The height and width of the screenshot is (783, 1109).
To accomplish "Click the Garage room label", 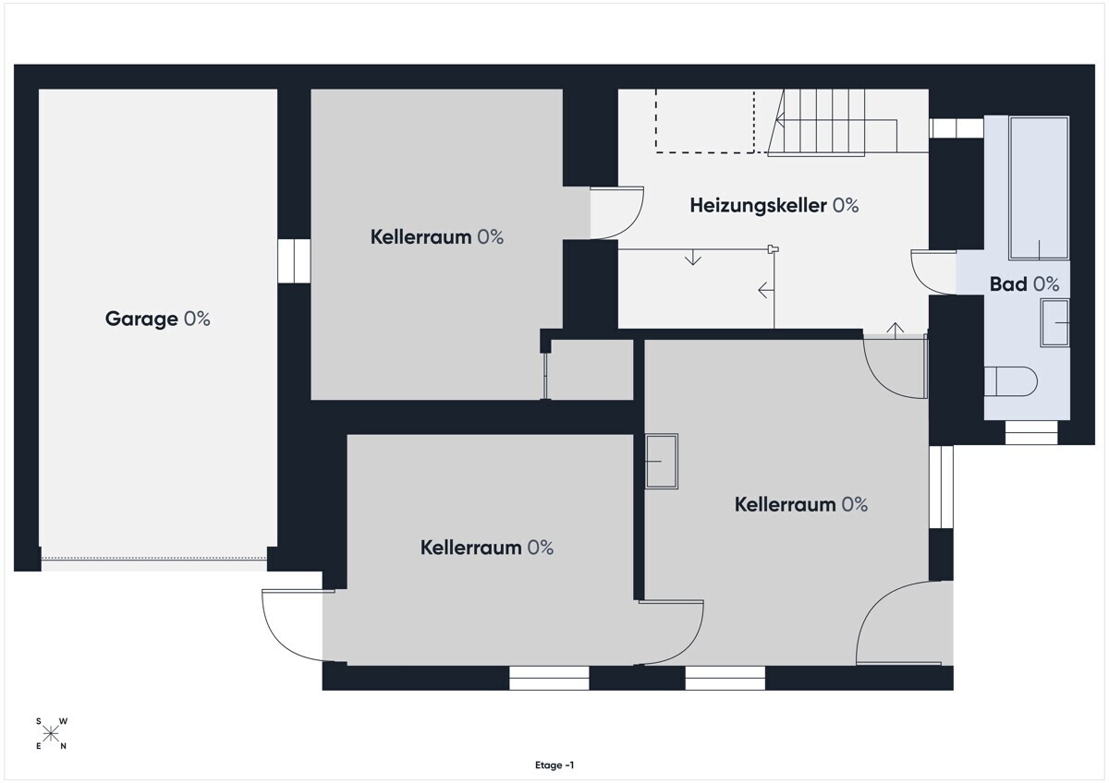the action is (x=157, y=319).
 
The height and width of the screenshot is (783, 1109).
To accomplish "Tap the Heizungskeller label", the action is (x=774, y=206).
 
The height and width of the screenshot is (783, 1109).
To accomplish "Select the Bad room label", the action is (x=1024, y=284).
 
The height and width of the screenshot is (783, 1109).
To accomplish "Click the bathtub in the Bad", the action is (x=1039, y=188).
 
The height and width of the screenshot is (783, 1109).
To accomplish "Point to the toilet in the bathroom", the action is (x=1010, y=381).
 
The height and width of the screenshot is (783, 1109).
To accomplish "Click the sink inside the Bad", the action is (x=1054, y=322).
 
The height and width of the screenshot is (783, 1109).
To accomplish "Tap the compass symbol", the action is (x=51, y=733).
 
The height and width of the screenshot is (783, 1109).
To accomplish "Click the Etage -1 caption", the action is (x=554, y=765).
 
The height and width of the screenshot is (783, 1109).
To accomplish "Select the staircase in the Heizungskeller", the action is (x=832, y=122).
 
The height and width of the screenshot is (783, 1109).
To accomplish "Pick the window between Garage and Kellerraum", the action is (x=294, y=261).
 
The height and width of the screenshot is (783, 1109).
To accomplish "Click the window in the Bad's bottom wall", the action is (x=1031, y=432).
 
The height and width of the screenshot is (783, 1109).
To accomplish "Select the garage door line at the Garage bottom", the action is (x=154, y=559).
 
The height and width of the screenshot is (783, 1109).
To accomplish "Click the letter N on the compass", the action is (x=64, y=746).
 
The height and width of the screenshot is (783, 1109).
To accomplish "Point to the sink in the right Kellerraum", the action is (x=662, y=462).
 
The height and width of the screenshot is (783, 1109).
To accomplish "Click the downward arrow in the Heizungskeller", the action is (x=692, y=258).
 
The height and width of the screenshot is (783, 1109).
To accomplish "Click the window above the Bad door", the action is (x=956, y=128).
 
